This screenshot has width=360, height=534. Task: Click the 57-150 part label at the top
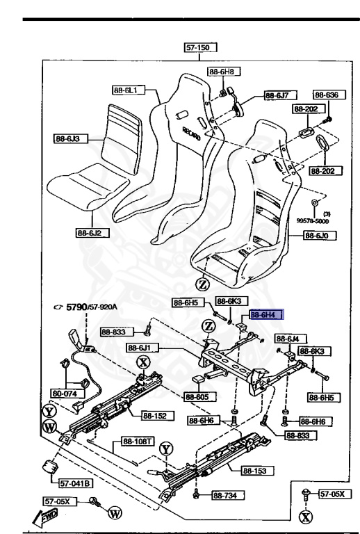tap(200, 48)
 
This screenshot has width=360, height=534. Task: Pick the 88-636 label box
tap(325, 95)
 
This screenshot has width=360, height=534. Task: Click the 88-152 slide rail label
tap(156, 416)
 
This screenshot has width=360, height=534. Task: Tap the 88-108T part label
tap(138, 440)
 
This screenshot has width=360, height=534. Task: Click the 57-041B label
tap(76, 483)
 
